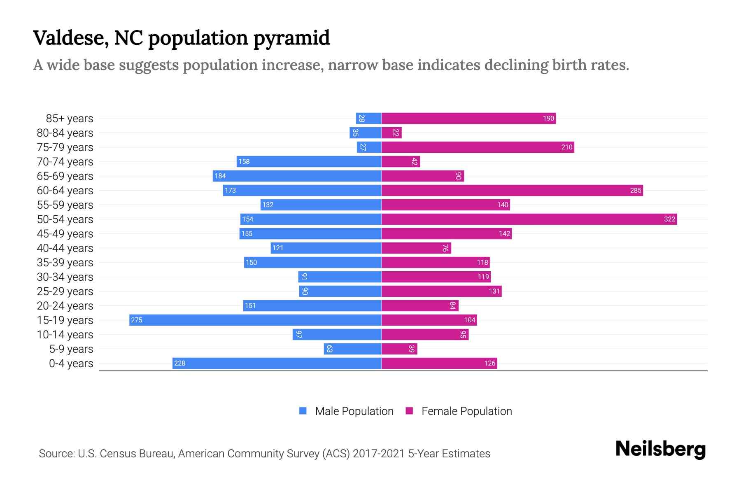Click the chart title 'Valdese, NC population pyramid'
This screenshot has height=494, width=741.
point(181,38)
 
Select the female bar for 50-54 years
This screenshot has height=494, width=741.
point(529,219)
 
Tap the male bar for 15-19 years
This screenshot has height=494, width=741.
point(255,320)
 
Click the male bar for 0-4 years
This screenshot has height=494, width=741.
point(277,363)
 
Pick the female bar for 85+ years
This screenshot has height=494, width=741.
point(468,118)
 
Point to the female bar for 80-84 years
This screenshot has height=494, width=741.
point(391,133)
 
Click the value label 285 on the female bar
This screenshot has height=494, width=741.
point(636,190)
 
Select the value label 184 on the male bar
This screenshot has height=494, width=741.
point(220,176)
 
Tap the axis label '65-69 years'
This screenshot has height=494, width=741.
point(65,176)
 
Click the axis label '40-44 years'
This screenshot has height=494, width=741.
point(65,248)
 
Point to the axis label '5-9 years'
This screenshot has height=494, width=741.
point(71,349)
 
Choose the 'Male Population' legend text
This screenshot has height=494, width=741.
point(354,411)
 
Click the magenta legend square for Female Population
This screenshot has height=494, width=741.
point(409,411)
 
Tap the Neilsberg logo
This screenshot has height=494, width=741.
point(660,449)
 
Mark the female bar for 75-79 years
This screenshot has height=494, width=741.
point(478,147)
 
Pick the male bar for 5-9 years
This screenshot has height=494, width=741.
point(352,349)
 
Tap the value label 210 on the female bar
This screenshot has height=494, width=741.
point(567,147)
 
